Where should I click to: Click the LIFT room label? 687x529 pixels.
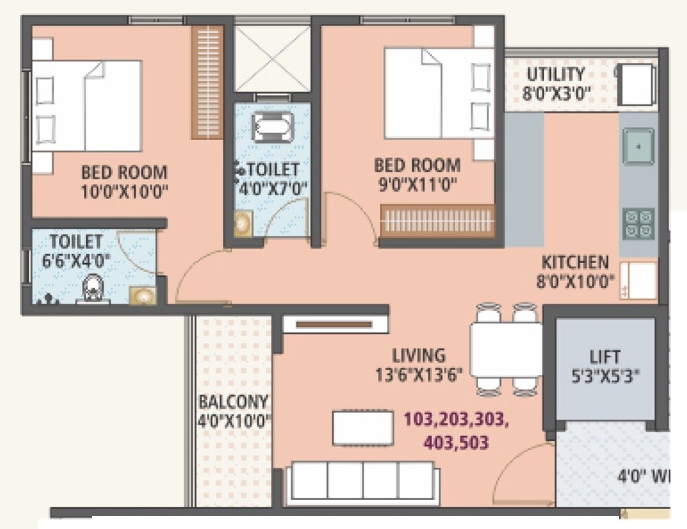tap(605, 357)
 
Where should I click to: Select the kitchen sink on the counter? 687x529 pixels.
tap(638, 146)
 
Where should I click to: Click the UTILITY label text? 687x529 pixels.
tap(556, 74)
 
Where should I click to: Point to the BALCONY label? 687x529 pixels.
tap(234, 402)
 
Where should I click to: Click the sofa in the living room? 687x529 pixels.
tap(363, 480)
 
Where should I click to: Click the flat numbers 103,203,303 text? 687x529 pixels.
tap(455, 419)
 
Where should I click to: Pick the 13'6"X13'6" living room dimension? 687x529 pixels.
tap(420, 374)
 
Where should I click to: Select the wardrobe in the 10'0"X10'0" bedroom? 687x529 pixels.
tap(207, 82)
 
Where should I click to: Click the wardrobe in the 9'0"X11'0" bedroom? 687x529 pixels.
tap(438, 221)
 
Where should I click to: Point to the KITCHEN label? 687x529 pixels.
tap(574, 262)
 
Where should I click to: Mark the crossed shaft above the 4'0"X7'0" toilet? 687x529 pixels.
tap(272, 58)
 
